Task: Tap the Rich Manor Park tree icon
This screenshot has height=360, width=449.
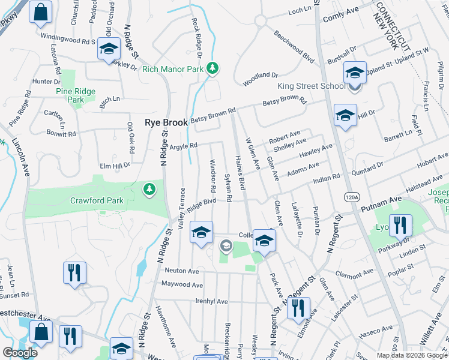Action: pos(212,68)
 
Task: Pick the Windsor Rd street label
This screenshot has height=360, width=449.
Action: pos(212,172)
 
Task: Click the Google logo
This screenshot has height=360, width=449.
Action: pos(20,353)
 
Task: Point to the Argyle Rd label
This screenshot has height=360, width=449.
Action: pos(184,146)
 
